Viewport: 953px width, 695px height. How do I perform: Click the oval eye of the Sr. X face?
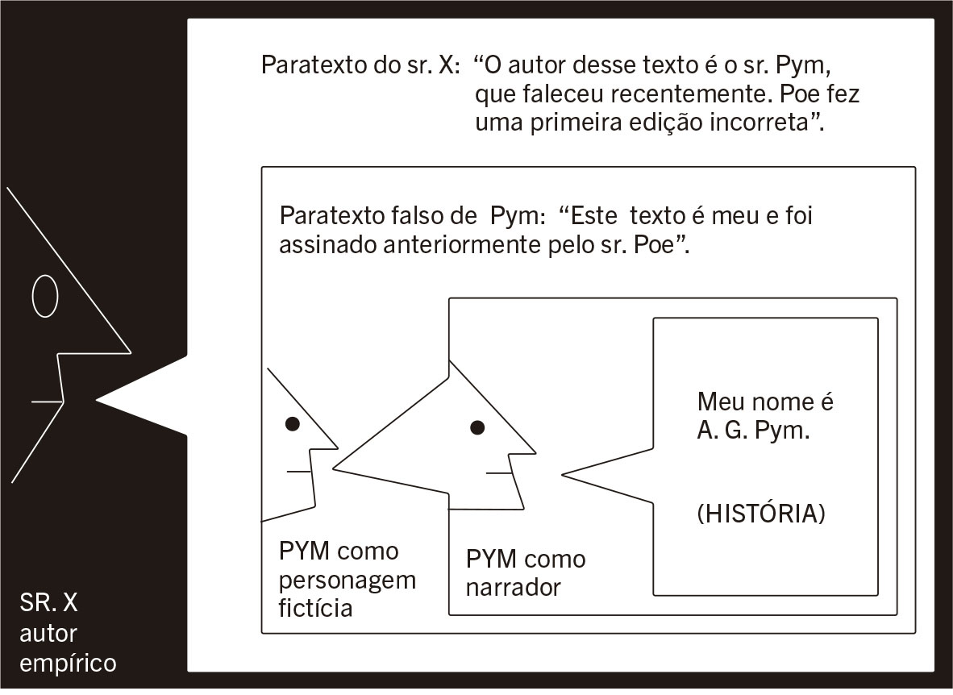(x=45, y=297)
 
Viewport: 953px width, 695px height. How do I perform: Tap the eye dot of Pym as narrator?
(x=477, y=428)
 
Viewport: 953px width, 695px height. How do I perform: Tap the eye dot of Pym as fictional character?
(x=293, y=422)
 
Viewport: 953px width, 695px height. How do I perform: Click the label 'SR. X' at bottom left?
(x=49, y=604)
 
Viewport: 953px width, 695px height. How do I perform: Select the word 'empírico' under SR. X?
(x=68, y=664)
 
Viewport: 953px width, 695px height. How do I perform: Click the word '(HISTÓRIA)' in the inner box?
(x=762, y=514)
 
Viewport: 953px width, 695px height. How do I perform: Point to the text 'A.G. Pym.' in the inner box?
(x=754, y=431)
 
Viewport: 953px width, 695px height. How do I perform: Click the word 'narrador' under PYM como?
(x=513, y=589)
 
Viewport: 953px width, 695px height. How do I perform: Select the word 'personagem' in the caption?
(x=348, y=581)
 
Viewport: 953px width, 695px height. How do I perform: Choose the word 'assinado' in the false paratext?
(x=319, y=247)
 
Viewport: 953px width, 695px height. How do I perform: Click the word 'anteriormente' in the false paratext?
(x=456, y=247)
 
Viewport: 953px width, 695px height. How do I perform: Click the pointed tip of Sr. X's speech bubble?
(x=98, y=398)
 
